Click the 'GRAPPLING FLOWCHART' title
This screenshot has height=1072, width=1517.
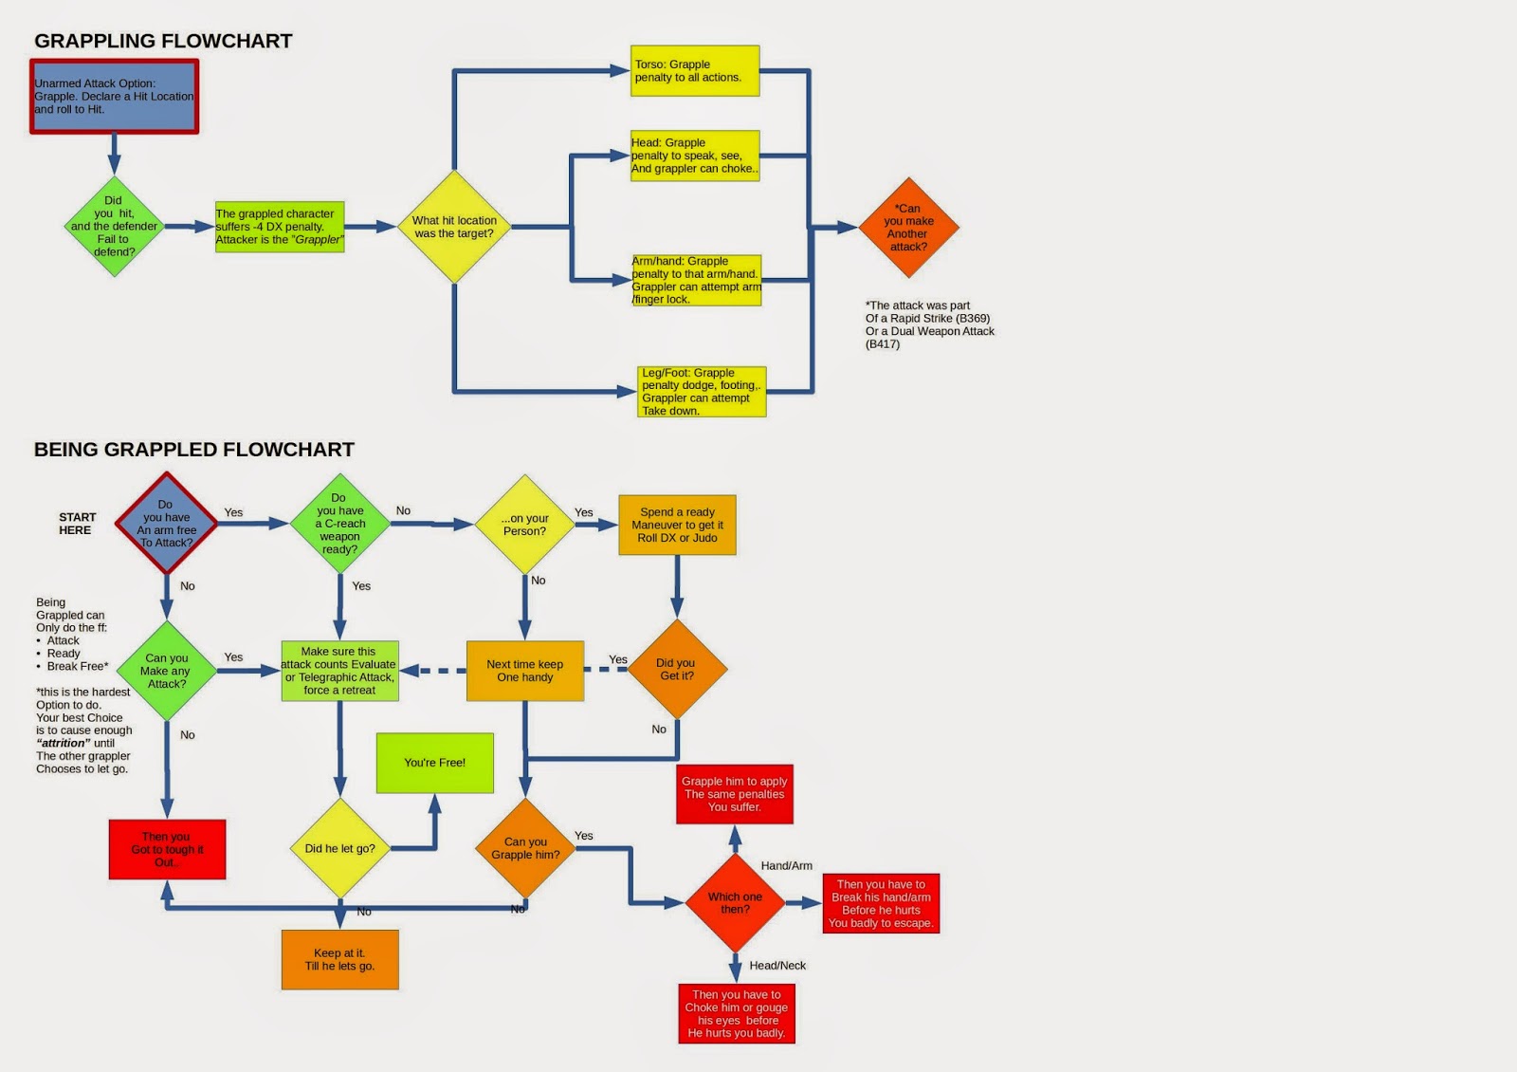pyautogui.click(x=163, y=41)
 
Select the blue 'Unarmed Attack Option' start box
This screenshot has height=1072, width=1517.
pyautogui.click(x=114, y=97)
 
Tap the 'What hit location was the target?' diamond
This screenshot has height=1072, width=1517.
pyautogui.click(x=454, y=227)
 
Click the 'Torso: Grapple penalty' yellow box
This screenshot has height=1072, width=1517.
pyautogui.click(x=695, y=71)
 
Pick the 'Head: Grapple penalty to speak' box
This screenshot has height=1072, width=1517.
pyautogui.click(x=695, y=156)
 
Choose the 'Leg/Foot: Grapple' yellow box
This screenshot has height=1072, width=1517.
pyautogui.click(x=702, y=392)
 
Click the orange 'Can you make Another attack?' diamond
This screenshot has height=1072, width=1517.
pyautogui.click(x=908, y=228)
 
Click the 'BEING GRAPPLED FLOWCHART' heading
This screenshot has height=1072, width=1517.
pyautogui.click(x=194, y=450)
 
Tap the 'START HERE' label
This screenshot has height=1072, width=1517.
pyautogui.click(x=77, y=524)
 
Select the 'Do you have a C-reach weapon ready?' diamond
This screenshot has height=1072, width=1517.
pyautogui.click(x=339, y=524)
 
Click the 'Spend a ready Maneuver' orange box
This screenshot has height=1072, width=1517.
pyautogui.click(x=677, y=525)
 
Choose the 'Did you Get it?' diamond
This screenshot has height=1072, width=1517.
pyautogui.click(x=677, y=669)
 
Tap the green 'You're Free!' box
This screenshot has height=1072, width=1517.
pyautogui.click(x=435, y=763)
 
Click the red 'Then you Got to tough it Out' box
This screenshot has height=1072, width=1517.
pyautogui.click(x=167, y=849)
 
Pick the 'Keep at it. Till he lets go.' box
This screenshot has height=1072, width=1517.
pyautogui.click(x=339, y=959)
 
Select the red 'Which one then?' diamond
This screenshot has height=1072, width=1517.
pyautogui.click(x=735, y=902)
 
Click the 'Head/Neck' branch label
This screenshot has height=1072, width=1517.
pyautogui.click(x=777, y=966)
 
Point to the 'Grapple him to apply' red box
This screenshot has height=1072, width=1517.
pyautogui.click(x=735, y=794)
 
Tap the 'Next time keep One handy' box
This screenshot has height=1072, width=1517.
pyautogui.click(x=525, y=671)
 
